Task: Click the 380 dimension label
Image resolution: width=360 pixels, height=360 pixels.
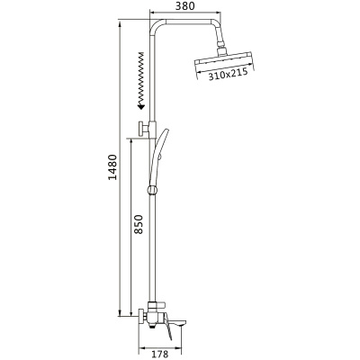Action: pos(184,6)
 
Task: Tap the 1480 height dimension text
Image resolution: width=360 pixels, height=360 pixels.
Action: pos(112,167)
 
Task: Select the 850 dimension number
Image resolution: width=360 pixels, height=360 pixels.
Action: pos(138,224)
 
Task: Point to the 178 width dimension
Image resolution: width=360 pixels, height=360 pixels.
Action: pos(159,355)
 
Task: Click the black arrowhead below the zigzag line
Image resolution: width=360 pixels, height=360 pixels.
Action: pos(140,105)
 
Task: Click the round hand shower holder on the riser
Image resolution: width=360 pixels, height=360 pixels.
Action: pos(152,190)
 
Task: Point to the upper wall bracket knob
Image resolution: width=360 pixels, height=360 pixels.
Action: pos(140,129)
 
